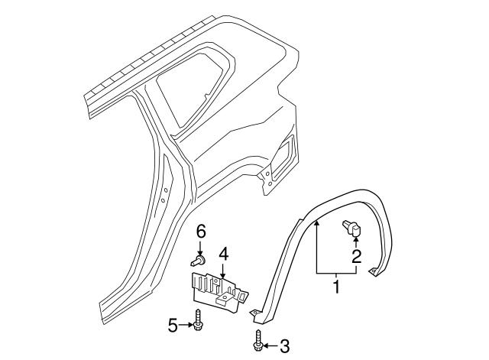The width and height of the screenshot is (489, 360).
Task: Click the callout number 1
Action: click(x=336, y=287)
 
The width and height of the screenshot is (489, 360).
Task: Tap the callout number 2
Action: click(x=356, y=256)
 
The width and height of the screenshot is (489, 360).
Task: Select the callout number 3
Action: click(x=284, y=346)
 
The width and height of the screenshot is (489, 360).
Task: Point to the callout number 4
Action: click(x=223, y=254)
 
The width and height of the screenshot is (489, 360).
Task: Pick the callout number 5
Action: click(x=173, y=326)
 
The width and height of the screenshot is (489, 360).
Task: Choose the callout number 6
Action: click(x=201, y=232)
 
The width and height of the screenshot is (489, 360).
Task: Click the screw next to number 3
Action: click(x=257, y=340)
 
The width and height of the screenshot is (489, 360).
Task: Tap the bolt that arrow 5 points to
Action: click(x=196, y=319)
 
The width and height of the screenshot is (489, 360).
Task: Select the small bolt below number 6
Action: click(x=198, y=260)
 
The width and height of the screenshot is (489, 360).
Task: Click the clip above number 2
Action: click(x=351, y=228)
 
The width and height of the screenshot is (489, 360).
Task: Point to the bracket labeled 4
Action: click(x=219, y=291)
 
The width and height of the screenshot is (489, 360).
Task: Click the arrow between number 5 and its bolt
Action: click(x=186, y=325)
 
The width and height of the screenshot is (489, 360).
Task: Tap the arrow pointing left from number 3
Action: click(x=271, y=345)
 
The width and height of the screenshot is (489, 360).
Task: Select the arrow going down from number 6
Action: click(x=200, y=247)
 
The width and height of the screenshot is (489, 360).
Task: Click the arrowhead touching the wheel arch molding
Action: click(x=317, y=222)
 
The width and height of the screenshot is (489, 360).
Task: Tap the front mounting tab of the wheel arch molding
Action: click(x=254, y=315)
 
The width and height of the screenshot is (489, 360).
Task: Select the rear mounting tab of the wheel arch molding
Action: click(x=373, y=271)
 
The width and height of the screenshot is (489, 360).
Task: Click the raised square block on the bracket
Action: click(x=223, y=299)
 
